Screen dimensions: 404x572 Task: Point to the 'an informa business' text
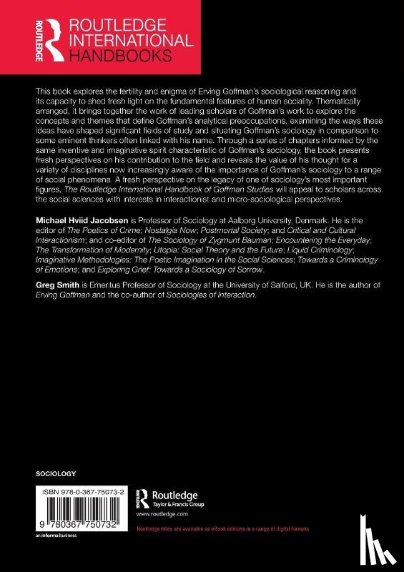[56, 536]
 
